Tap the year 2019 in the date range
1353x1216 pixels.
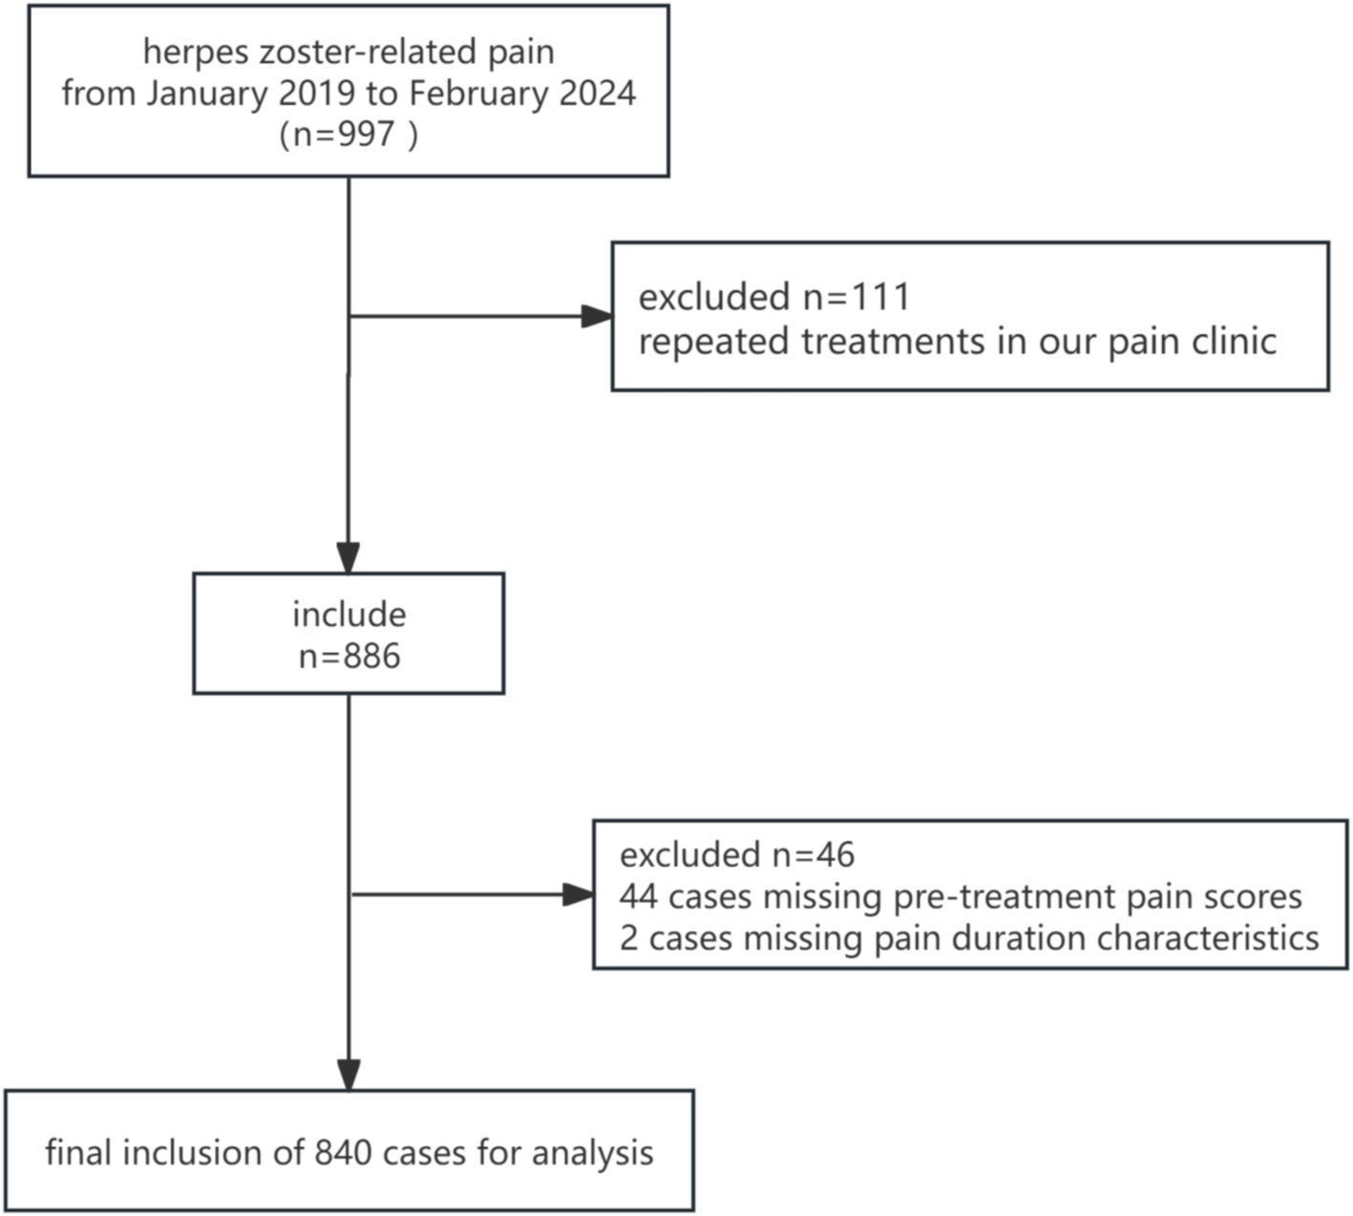316,93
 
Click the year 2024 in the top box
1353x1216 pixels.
598,93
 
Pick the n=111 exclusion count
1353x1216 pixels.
856,296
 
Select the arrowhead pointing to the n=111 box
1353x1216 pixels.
598,316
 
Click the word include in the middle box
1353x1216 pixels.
349,614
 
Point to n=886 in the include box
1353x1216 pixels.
349,656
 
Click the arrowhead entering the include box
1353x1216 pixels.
349,558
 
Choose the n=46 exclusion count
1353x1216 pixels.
814,854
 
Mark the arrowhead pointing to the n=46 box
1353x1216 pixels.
579,895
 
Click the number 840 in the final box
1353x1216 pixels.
344,1153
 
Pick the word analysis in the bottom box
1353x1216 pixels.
592,1154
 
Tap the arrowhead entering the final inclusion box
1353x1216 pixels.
349,1075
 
